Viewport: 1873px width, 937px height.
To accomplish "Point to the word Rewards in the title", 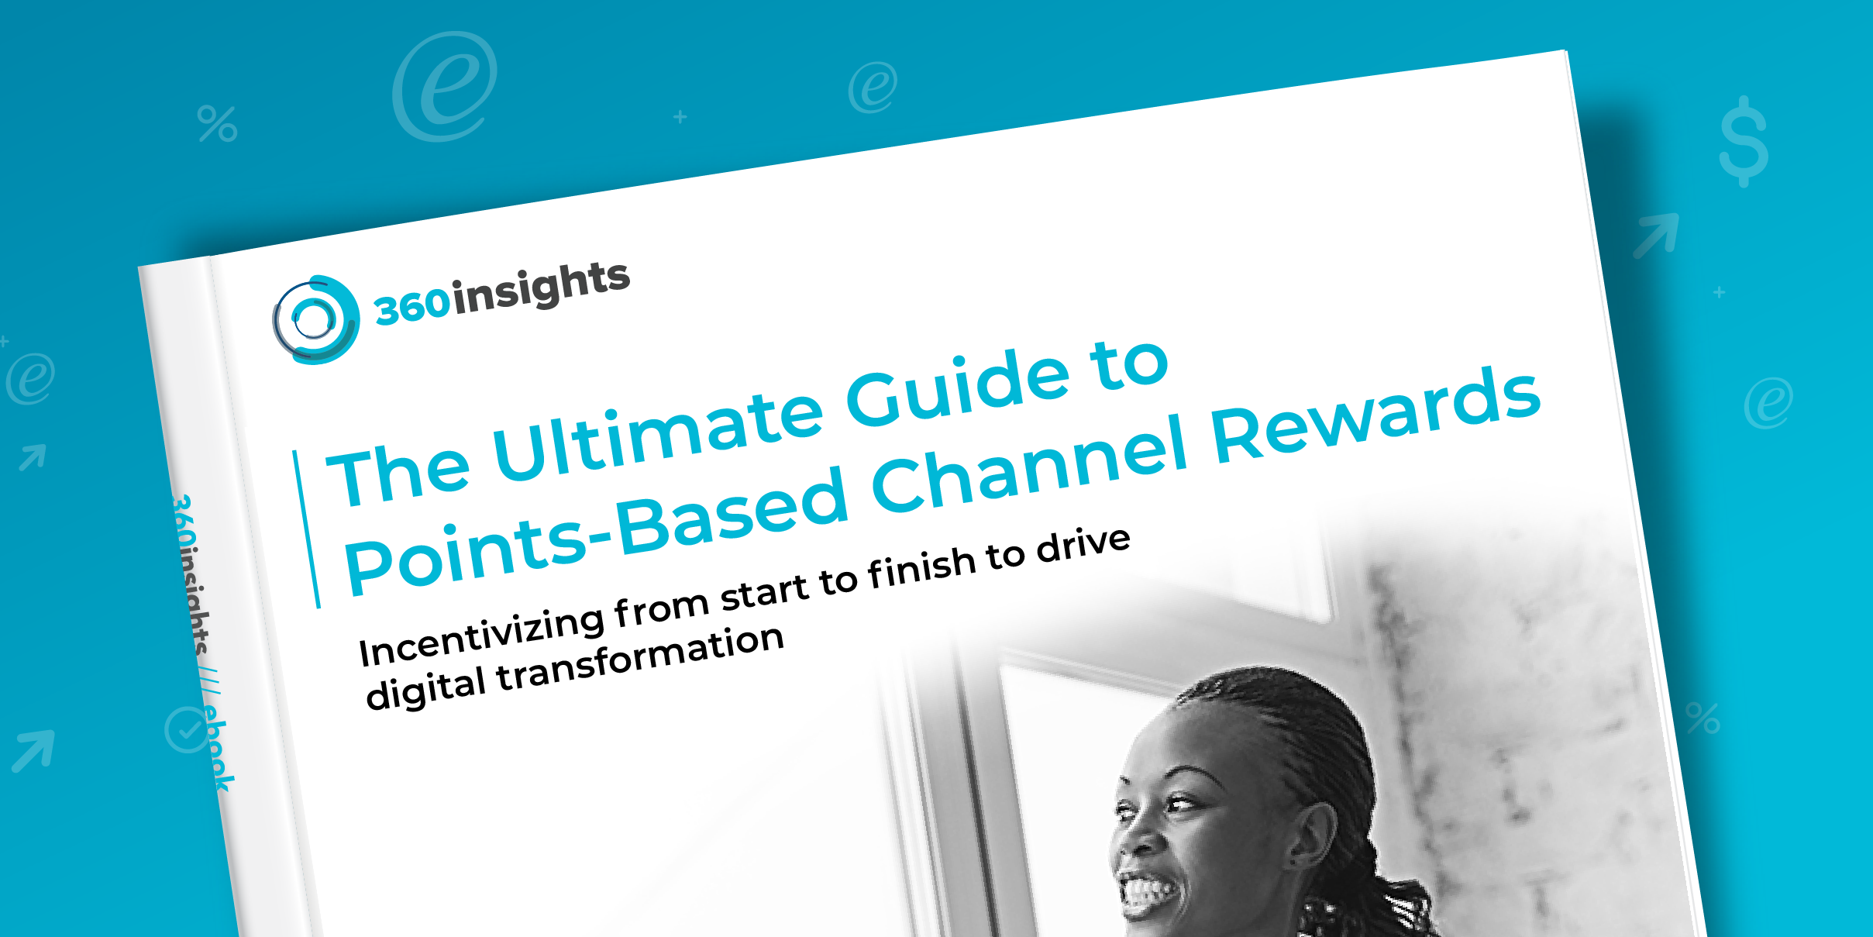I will click(1375, 415).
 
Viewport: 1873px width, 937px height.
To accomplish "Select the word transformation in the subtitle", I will click(640, 660).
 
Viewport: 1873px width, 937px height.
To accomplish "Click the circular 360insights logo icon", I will click(315, 319).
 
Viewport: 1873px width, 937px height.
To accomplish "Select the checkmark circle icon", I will click(187, 729).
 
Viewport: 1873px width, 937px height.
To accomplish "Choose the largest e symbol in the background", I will click(445, 86).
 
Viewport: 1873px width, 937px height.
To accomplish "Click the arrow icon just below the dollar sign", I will click(1656, 235).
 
